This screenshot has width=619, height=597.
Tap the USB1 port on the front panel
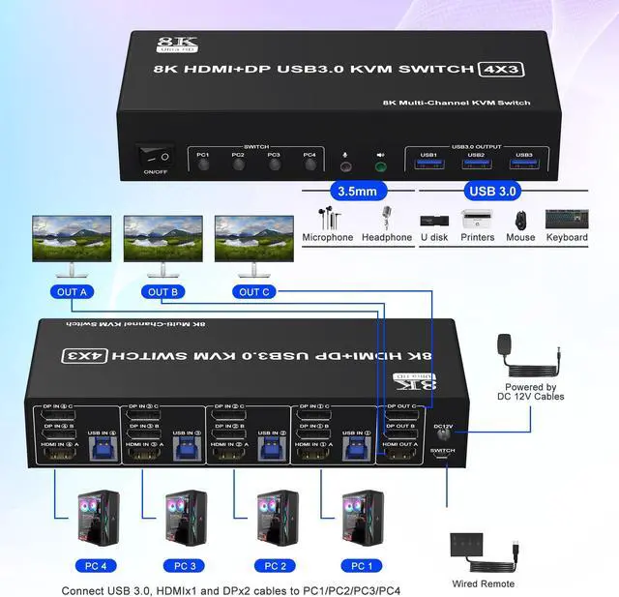tap(429, 165)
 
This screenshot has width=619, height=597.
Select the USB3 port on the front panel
tap(523, 165)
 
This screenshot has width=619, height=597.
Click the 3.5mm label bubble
tap(356, 191)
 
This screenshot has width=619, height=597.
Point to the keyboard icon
tap(567, 219)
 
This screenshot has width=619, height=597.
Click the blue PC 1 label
tap(361, 565)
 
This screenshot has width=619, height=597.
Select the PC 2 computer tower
tap(274, 519)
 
